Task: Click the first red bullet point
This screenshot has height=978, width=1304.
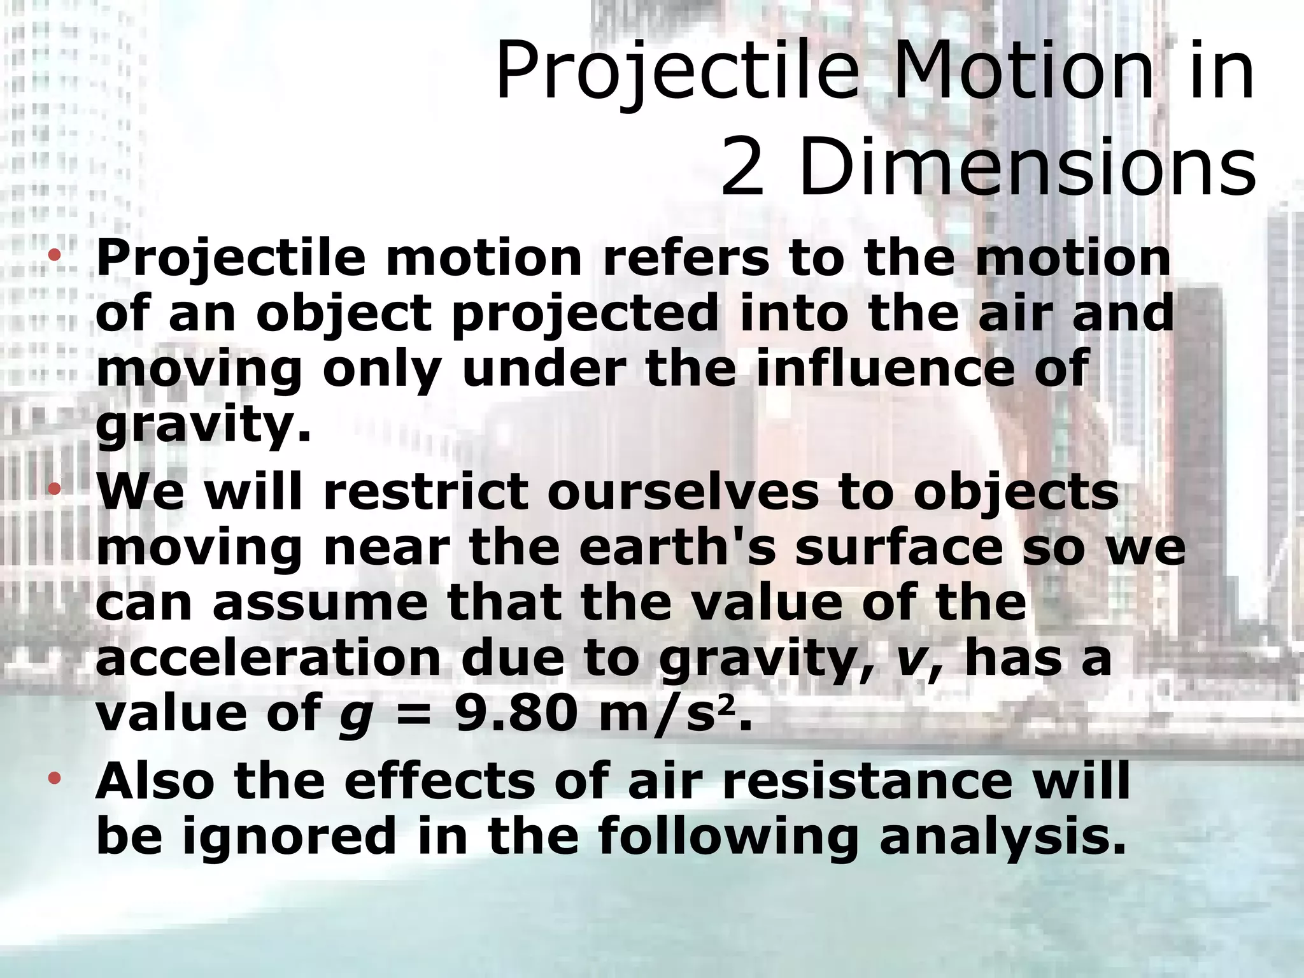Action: coord(55,256)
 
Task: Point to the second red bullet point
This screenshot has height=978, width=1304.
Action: coord(55,489)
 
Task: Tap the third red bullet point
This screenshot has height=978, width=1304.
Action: coord(55,777)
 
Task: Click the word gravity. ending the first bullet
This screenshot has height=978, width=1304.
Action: coord(203,425)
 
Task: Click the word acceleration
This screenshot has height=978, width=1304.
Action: coord(267,658)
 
